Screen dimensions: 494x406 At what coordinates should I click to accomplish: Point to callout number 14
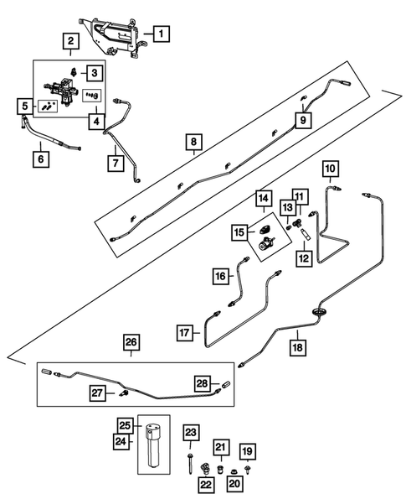[x=263, y=199]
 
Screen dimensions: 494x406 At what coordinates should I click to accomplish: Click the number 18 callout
[x=296, y=345]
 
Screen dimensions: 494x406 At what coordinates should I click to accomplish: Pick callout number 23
[x=192, y=434]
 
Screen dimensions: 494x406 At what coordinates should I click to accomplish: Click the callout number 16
[x=220, y=275]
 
